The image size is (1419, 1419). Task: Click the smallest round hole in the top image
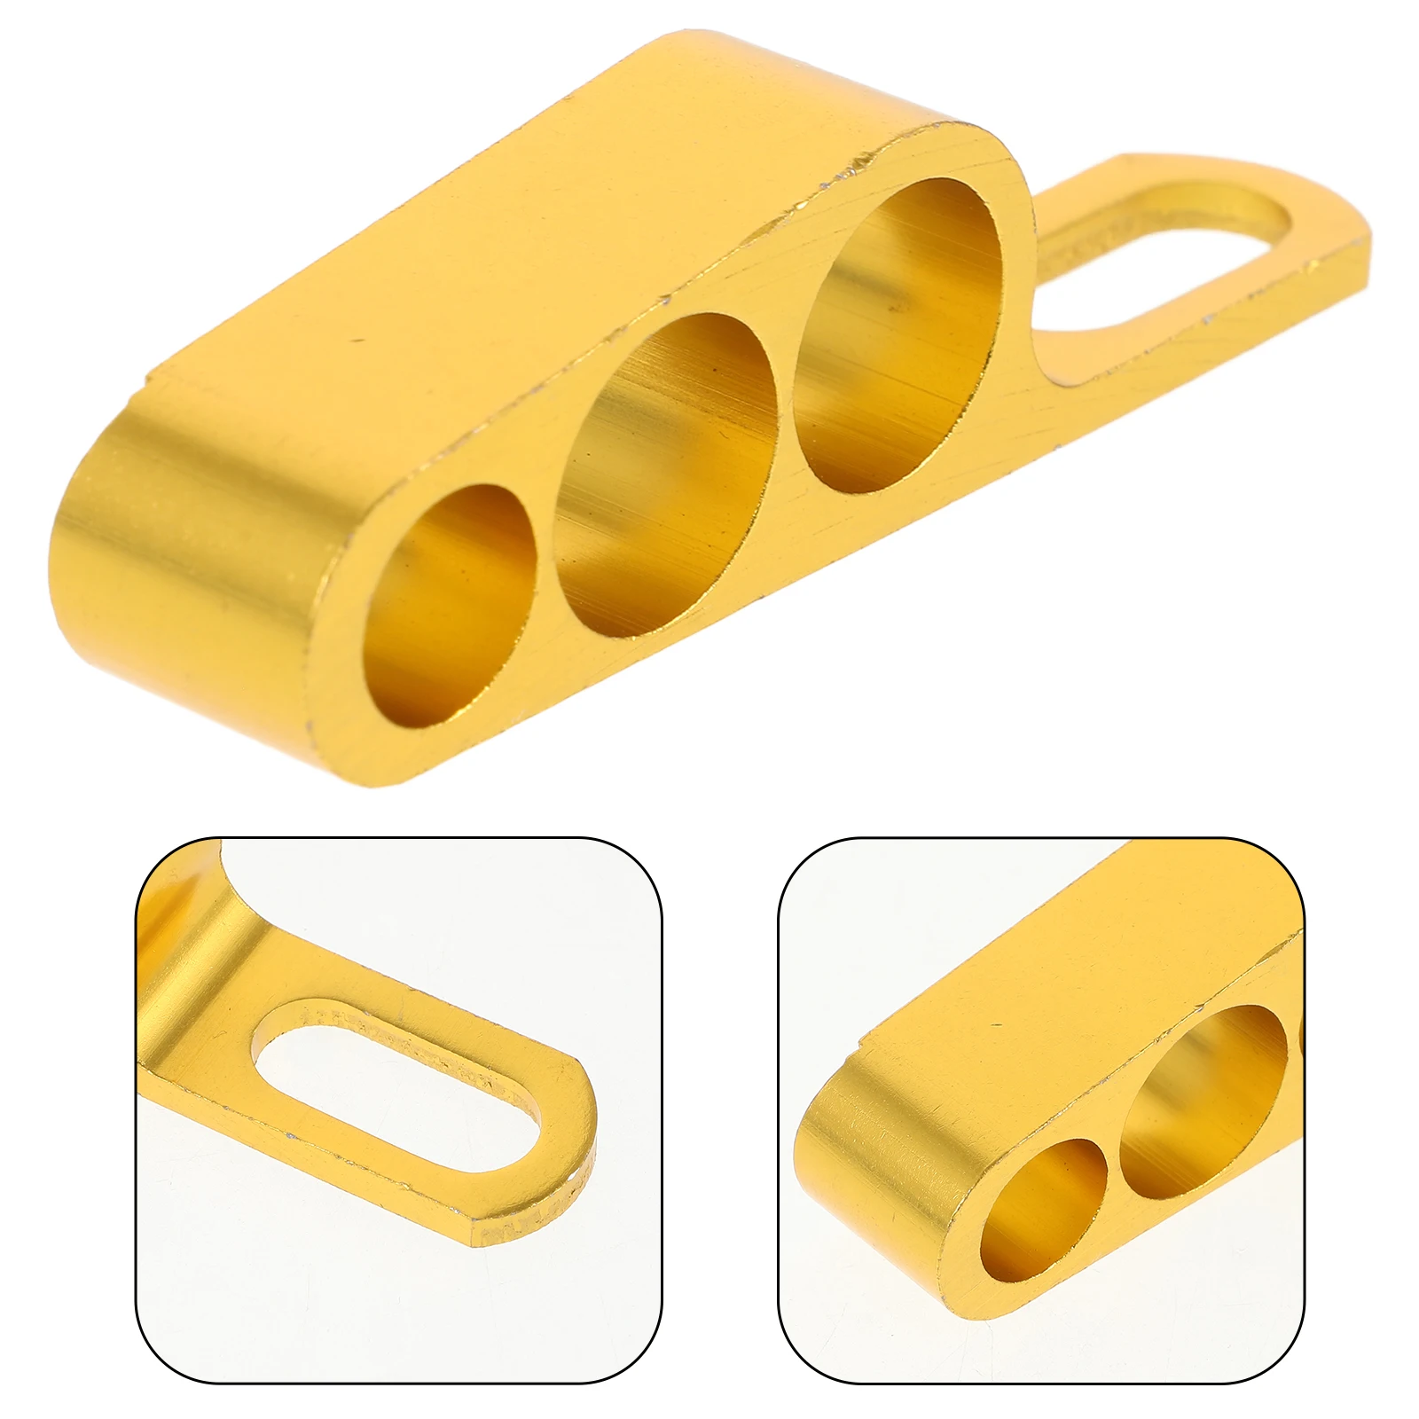[x=451, y=606]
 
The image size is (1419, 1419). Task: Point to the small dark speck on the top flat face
[x=357, y=339]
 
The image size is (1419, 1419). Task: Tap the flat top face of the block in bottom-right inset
[x=1064, y=976]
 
